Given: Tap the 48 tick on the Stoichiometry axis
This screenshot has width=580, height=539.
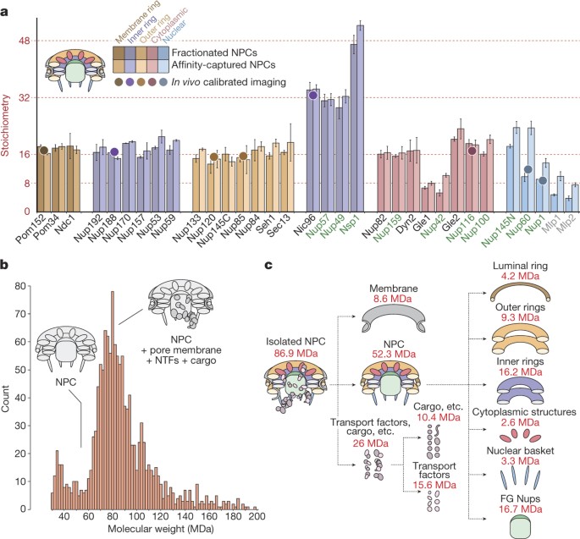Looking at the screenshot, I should (25, 41).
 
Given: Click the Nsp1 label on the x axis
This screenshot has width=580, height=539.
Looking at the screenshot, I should (356, 228).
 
